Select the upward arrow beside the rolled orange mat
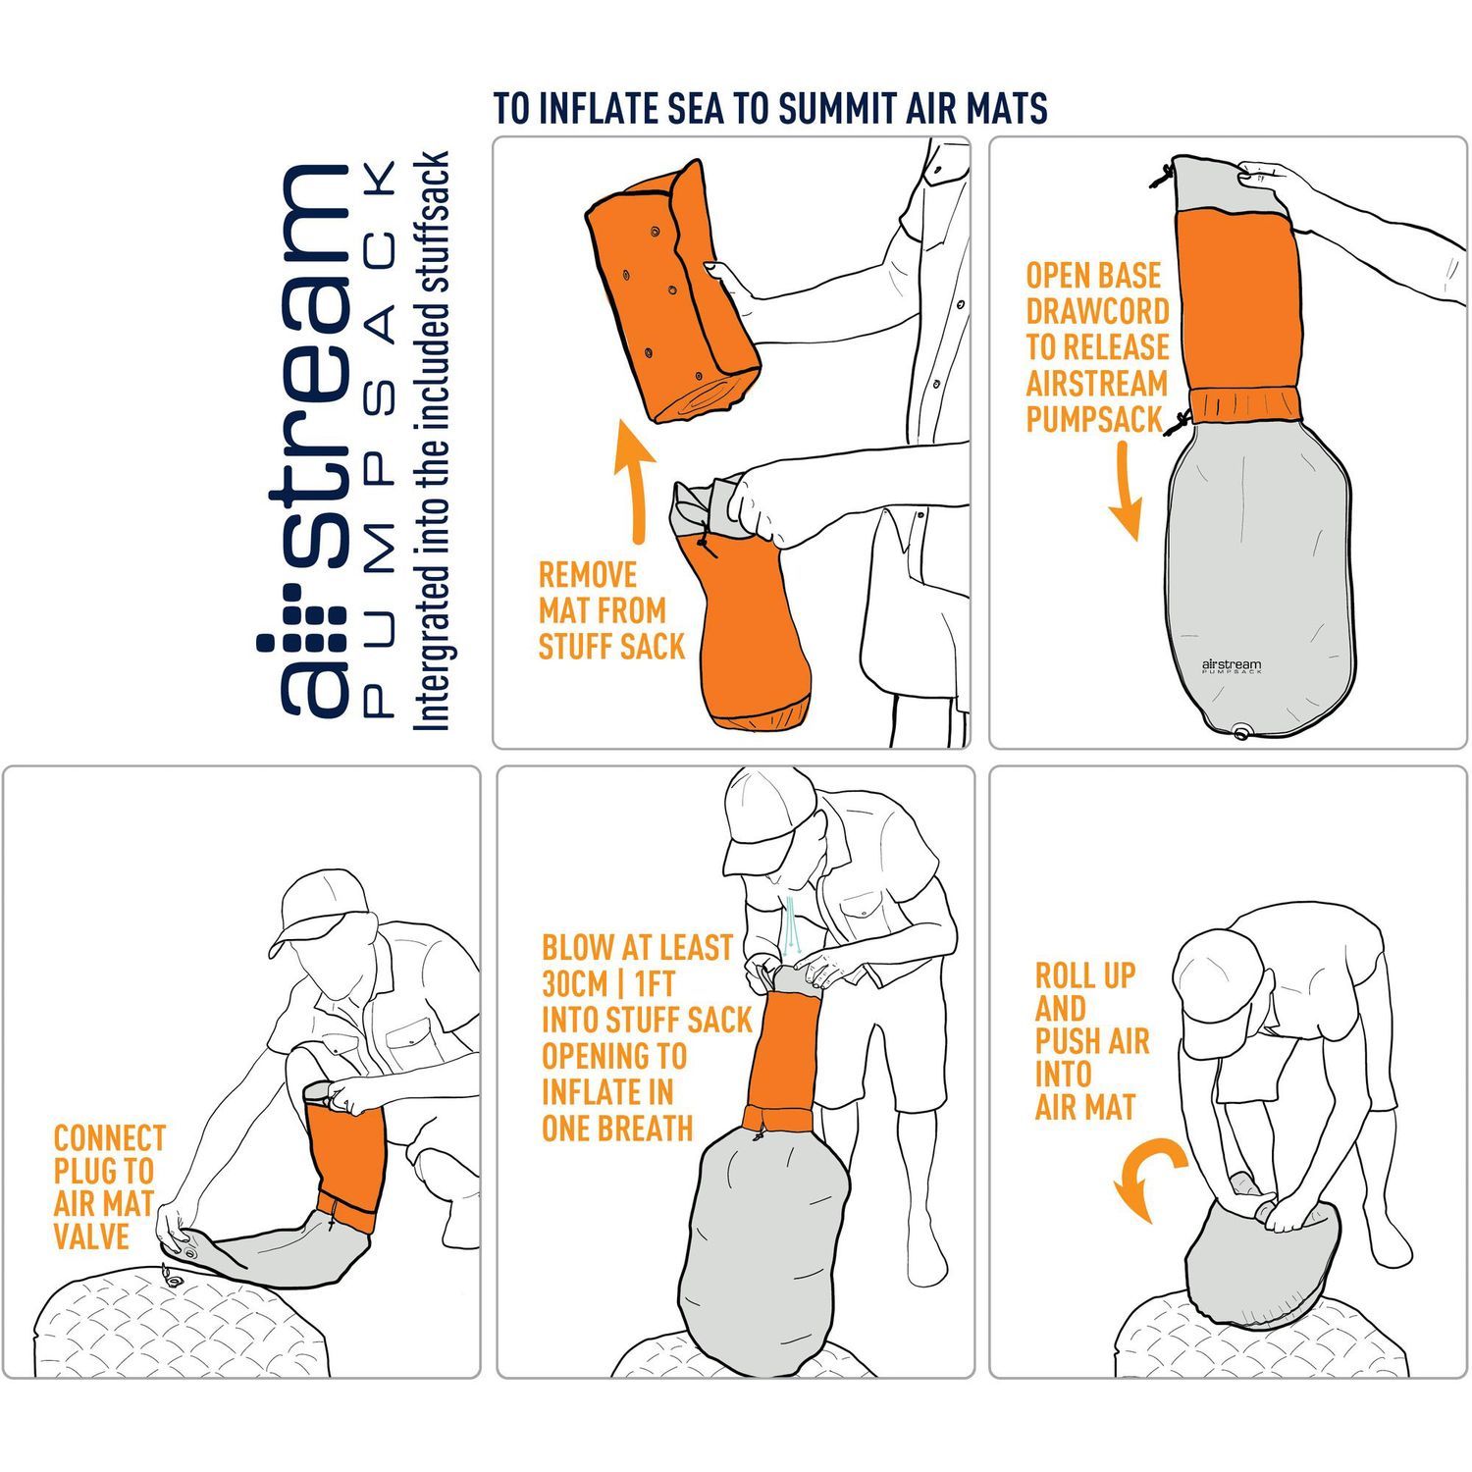tap(635, 481)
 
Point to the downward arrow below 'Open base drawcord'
tap(1126, 491)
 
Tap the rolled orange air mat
tap(672, 294)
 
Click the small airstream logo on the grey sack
tap(1232, 666)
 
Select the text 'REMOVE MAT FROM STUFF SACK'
tap(610, 610)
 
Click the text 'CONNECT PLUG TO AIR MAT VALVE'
tap(108, 1186)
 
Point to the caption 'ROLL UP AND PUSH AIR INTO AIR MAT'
tap(1090, 1041)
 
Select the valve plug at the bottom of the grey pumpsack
tap(1242, 730)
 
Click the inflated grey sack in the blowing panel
tap(763, 1246)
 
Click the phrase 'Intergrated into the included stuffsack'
tap(432, 442)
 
